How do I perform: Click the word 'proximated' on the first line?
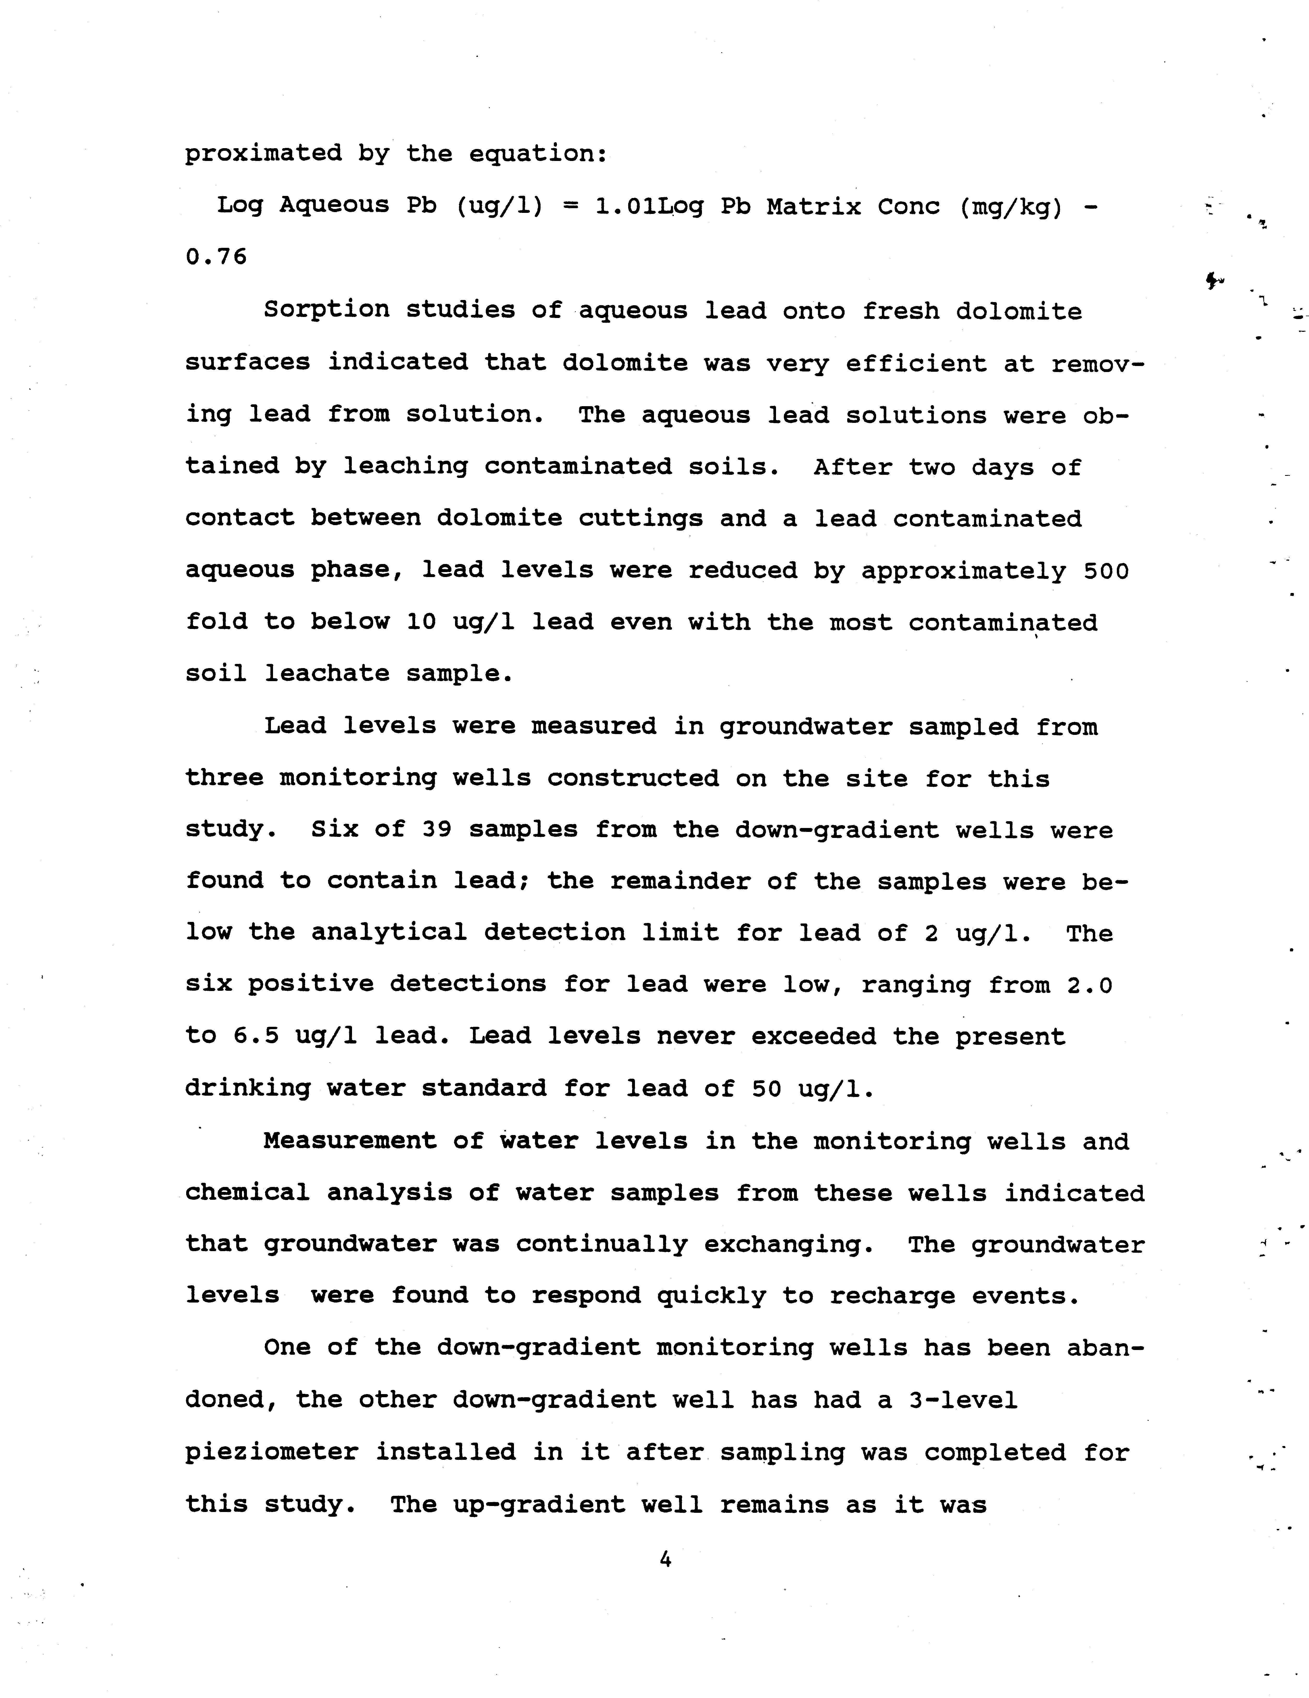click(x=264, y=153)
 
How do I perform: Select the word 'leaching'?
click(x=406, y=466)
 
